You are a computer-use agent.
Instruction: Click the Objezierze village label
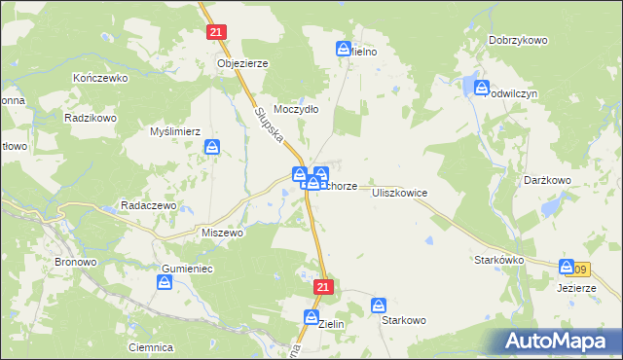tap(242, 62)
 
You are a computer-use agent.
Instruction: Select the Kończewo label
tap(101, 77)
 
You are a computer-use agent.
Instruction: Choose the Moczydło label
tap(297, 109)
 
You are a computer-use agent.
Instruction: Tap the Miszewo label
tap(221, 234)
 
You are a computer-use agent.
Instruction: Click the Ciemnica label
tap(150, 346)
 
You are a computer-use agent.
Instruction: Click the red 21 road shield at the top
tap(217, 32)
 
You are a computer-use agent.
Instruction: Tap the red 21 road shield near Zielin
tap(325, 287)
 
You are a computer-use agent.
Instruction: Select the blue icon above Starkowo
tap(380, 306)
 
